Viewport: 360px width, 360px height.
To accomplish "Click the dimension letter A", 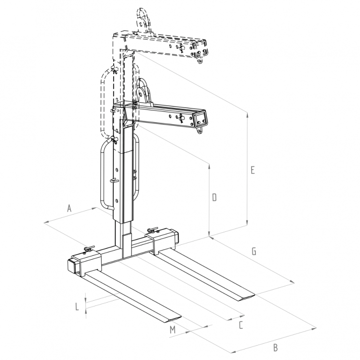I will click(69, 208).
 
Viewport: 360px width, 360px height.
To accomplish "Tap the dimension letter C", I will click(240, 325).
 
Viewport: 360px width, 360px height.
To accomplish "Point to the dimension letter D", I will click(214, 197).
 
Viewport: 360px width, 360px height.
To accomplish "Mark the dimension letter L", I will click(77, 306).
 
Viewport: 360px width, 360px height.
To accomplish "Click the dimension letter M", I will click(172, 330).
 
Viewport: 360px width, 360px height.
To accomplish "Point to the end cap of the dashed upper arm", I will click(200, 50).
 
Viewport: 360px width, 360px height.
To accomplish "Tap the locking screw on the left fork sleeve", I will click(88, 249).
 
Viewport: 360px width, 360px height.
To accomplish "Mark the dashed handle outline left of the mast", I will click(102, 101).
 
